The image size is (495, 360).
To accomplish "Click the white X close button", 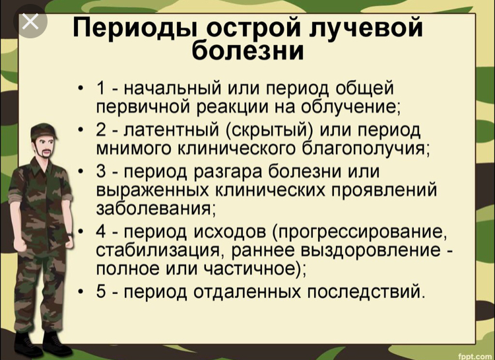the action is click(30, 22).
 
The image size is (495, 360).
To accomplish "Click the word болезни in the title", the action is click(247, 51).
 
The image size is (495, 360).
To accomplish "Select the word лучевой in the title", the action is click(366, 28).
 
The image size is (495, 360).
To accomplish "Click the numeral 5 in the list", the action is click(101, 291).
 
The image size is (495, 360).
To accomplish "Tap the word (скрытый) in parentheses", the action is click(270, 130).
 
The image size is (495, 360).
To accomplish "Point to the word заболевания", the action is click(154, 209).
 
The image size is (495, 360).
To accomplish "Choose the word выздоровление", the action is click(371, 250).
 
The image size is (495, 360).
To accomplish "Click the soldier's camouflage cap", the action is click(44, 130).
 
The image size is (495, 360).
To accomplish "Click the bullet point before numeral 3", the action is click(81, 172).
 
